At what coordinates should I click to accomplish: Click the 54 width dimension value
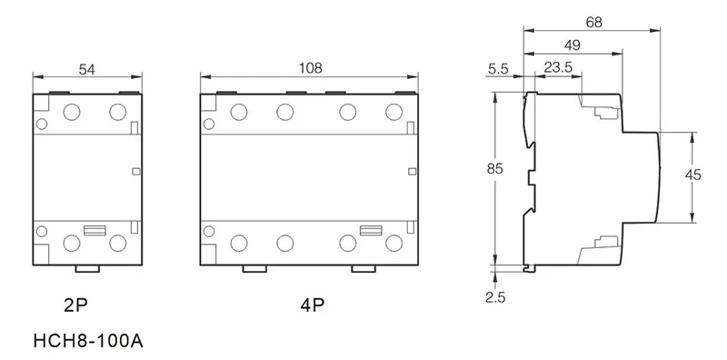86,70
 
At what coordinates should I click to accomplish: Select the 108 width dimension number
310,68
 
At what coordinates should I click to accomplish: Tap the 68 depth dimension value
594,22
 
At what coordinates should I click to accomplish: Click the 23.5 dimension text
558,68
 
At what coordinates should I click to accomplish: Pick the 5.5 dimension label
498,69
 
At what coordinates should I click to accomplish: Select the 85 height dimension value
494,169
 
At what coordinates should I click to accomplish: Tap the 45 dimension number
693,175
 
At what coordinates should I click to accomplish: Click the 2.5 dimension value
495,297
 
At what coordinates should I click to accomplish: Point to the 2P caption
75,305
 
